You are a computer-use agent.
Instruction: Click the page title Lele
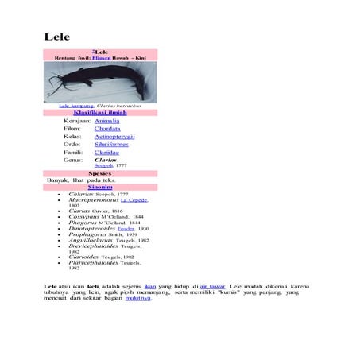pyautogui.click(x=56, y=37)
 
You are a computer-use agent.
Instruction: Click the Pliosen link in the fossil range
pyautogui.click(x=101, y=58)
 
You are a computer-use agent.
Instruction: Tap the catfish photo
pyautogui.click(x=100, y=82)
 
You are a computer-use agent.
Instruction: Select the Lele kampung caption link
pyautogui.click(x=76, y=105)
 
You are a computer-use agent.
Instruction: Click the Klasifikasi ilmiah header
pyautogui.click(x=100, y=113)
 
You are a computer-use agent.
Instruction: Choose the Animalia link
pyautogui.click(x=107, y=121)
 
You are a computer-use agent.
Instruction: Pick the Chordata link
pyautogui.click(x=107, y=129)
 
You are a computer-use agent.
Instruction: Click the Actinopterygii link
pyautogui.click(x=114, y=137)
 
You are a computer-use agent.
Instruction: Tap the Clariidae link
pyautogui.click(x=106, y=153)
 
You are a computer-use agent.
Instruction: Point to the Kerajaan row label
pyautogui.click(x=77, y=121)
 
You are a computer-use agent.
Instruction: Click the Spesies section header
pyautogui.click(x=100, y=172)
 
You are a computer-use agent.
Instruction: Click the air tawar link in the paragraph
pyautogui.click(x=212, y=285)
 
